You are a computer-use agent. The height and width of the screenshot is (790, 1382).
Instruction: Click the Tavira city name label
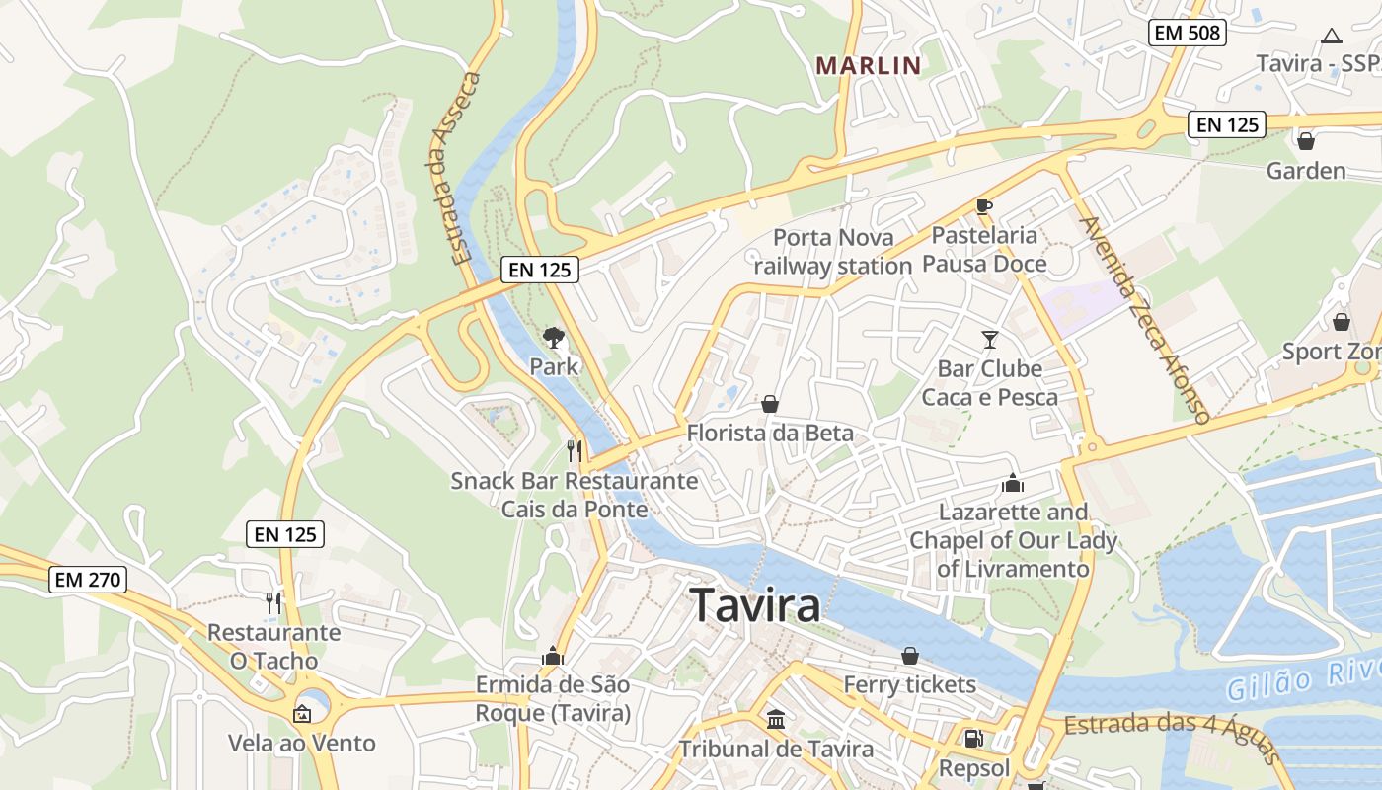click(x=755, y=604)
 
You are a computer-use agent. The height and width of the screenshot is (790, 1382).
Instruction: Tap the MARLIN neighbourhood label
click(x=868, y=66)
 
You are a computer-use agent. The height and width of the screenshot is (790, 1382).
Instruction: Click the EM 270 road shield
click(x=88, y=580)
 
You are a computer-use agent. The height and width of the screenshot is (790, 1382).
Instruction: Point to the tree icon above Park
click(x=554, y=338)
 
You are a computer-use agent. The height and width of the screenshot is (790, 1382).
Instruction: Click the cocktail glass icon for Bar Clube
click(x=990, y=340)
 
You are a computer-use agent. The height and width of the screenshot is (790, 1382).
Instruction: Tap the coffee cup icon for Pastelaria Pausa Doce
click(x=983, y=206)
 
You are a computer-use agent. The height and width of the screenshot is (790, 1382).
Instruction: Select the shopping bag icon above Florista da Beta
click(x=770, y=404)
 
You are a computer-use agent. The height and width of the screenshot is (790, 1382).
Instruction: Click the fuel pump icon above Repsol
click(x=973, y=739)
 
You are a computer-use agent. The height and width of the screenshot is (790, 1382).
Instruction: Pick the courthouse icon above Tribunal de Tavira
click(x=776, y=720)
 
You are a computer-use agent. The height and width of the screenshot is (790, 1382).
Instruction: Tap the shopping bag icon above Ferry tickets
click(x=910, y=656)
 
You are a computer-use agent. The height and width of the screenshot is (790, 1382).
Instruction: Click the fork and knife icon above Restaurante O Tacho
click(x=273, y=602)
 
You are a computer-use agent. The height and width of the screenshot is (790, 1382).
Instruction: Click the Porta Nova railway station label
click(x=833, y=252)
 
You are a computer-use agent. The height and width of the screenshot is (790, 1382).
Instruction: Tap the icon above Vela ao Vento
click(x=302, y=714)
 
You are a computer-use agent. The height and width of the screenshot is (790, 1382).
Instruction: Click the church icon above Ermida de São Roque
click(x=552, y=657)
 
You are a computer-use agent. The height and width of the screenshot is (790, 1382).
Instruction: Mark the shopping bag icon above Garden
click(x=1306, y=141)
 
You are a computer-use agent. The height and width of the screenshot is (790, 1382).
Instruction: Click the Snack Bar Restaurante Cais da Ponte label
click(x=575, y=495)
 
